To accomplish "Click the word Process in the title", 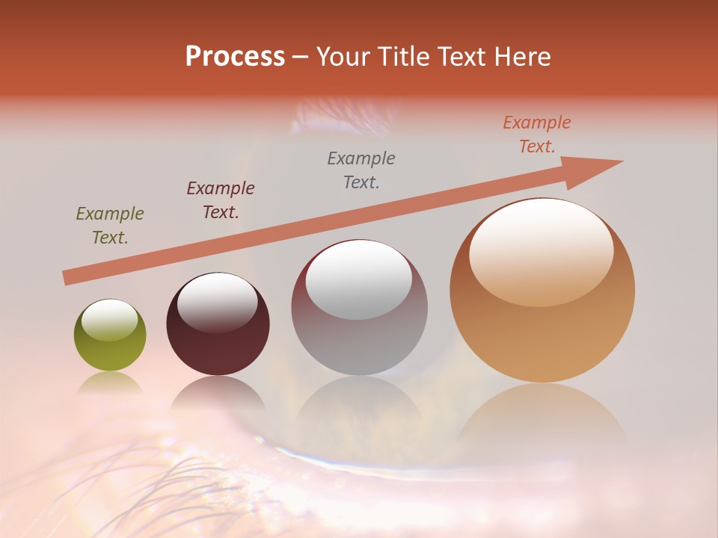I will [235, 57].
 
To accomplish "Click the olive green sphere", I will [110, 336].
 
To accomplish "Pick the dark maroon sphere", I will [218, 324].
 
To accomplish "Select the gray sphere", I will [359, 308].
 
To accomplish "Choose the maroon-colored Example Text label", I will [221, 200].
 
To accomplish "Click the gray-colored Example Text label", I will [361, 170].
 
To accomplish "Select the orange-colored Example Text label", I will [537, 134].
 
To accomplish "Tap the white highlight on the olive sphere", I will [109, 319].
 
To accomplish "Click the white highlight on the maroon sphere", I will [217, 301].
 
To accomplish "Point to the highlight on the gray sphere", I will [358, 279].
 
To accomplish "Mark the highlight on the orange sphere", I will [541, 251].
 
